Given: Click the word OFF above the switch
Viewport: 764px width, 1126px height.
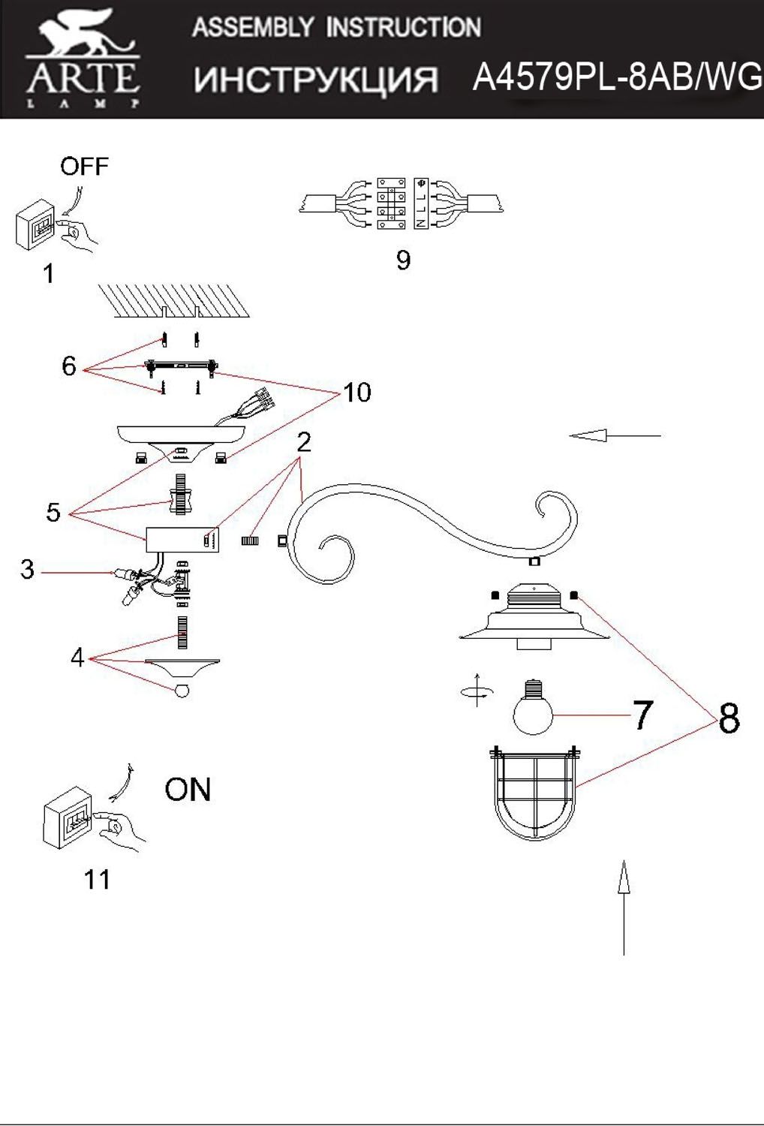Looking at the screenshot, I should [84, 166].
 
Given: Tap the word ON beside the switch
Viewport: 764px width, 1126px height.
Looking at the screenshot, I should [188, 790].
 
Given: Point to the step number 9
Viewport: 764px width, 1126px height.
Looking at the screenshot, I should [403, 260].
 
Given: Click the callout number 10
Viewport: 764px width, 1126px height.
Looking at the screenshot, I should [357, 392].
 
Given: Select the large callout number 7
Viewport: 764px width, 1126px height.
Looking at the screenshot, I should [642, 715].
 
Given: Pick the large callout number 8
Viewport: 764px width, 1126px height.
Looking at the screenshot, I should [729, 718].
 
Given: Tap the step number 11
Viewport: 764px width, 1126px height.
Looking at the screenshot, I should [98, 879].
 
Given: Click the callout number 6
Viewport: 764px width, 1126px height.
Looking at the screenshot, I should [69, 366].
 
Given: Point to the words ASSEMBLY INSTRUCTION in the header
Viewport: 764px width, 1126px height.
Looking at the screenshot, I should [336, 28].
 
